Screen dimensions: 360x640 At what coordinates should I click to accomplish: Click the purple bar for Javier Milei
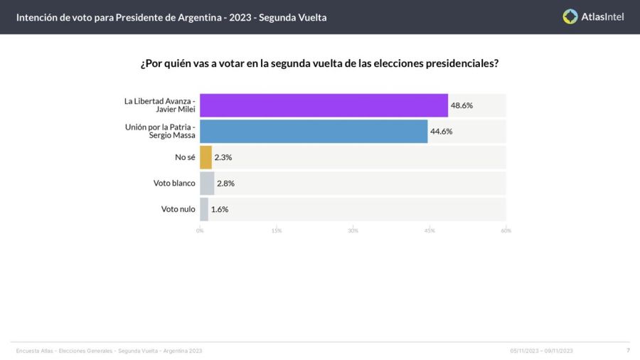coord(324,105)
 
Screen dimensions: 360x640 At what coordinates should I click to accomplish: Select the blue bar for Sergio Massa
coord(314,132)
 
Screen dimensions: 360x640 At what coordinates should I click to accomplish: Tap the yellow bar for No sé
coord(206,157)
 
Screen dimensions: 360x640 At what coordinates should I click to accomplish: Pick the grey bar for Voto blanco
coord(207,183)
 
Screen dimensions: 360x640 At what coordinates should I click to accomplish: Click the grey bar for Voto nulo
coord(204,209)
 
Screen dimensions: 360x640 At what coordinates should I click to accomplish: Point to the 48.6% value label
coord(462,105)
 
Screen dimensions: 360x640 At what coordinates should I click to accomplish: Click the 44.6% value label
coord(442,132)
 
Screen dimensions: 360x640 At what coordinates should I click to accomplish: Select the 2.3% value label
coord(223,157)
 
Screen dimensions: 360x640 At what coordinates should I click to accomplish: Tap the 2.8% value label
coord(225,183)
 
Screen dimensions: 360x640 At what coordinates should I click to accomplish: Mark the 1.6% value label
coord(220,209)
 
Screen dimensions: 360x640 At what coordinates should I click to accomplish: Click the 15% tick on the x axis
coord(277,231)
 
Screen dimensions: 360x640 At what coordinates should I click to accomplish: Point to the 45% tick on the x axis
coord(430,231)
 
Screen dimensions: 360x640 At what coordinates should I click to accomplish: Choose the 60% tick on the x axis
coord(506,231)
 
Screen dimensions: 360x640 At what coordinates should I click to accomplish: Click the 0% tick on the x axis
coord(200,231)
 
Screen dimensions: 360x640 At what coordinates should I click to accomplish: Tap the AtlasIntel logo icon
coord(570,16)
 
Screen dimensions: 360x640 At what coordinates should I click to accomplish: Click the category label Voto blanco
coord(174,183)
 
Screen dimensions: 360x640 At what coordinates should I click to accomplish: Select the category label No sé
coord(185,157)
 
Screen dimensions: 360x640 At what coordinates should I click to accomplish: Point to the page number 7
coord(628,350)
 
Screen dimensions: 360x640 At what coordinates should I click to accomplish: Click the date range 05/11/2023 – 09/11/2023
coord(541,351)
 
